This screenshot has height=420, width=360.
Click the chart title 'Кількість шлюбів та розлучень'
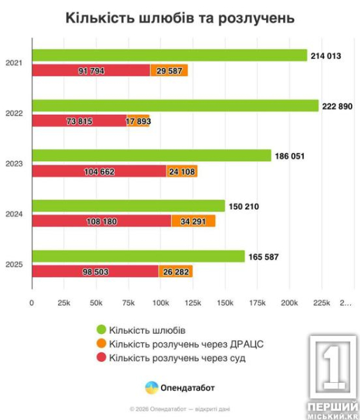tap(180, 17)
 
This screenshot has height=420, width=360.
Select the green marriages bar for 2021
tap(169, 55)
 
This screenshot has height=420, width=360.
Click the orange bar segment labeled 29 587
tap(169, 70)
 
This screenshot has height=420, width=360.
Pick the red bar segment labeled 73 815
tap(78, 120)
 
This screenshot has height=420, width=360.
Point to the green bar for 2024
tap(128, 206)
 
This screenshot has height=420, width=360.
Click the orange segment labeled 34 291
tap(193, 221)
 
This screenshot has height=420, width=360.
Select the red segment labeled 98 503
tap(95, 271)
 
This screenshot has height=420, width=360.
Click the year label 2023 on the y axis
tap(14, 164)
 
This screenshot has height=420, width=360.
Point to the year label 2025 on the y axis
tap(14, 264)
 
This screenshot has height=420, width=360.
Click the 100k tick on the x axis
tap(160, 303)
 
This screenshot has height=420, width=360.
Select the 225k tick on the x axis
tap(321, 303)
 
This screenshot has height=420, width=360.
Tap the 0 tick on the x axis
tap(32, 303)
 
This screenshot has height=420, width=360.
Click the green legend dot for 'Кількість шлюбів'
tap(101, 329)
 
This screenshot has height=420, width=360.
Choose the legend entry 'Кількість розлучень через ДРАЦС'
tap(179, 344)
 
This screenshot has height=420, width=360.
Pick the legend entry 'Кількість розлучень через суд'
tap(172, 358)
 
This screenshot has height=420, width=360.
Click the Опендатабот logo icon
tap(151, 387)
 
